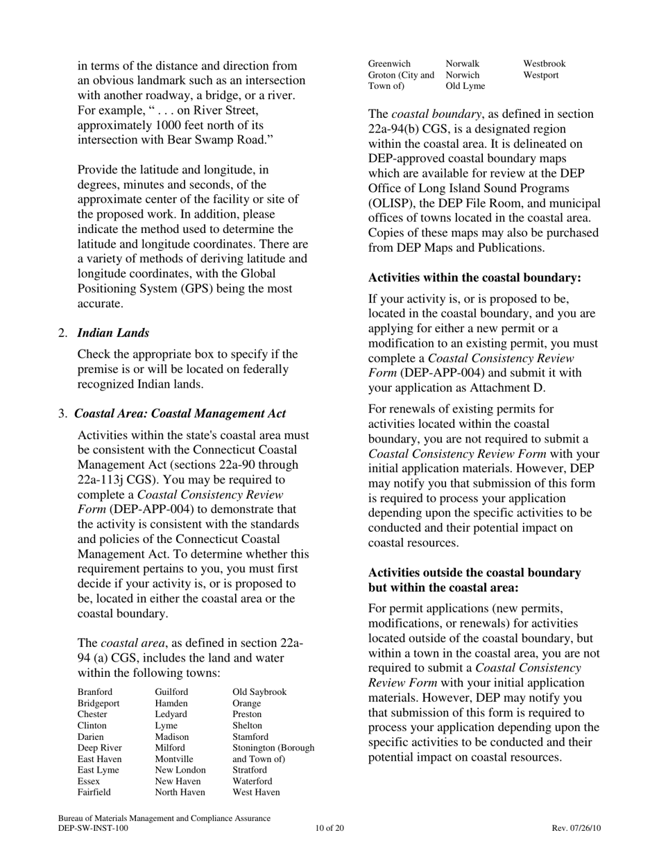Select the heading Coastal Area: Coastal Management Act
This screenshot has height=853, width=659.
[x=180, y=414]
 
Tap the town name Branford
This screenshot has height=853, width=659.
[x=95, y=692]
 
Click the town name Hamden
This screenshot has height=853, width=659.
[x=172, y=703]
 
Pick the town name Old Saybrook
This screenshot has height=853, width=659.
[x=259, y=692]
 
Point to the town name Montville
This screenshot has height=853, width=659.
[x=174, y=759]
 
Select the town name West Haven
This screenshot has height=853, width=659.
[x=256, y=792]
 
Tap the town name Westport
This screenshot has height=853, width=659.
[x=541, y=75]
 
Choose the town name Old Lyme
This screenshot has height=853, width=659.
[x=465, y=86]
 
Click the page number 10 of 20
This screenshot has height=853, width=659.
[x=329, y=828]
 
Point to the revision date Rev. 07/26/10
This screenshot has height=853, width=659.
[x=576, y=828]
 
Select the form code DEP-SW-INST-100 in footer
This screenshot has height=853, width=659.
[x=93, y=828]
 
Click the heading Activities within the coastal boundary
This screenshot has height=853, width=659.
[x=474, y=278]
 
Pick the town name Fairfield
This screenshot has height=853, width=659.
[x=94, y=792]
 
